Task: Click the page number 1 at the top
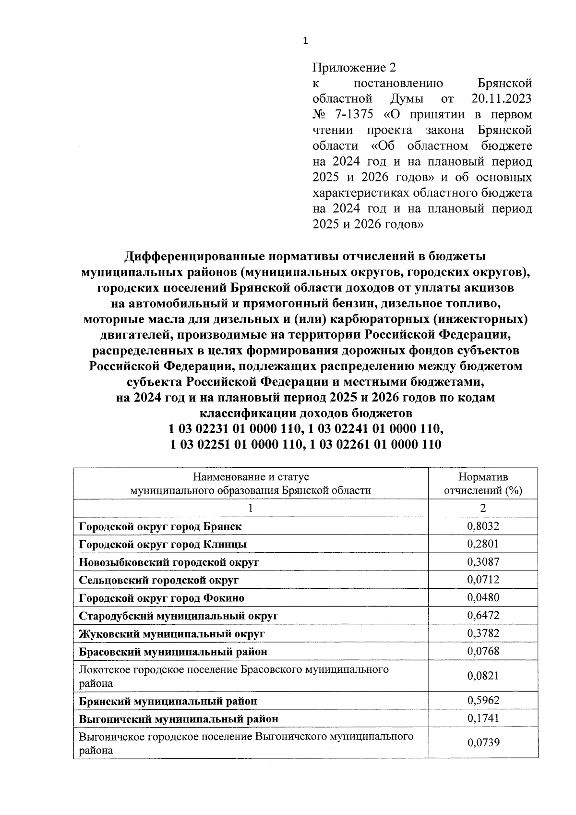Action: [306, 41]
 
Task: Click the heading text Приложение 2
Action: [355, 67]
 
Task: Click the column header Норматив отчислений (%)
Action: [483, 484]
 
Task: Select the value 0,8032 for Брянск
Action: [483, 526]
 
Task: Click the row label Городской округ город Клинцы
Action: [163, 544]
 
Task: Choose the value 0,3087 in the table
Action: [483, 562]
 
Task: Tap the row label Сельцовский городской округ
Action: [159, 580]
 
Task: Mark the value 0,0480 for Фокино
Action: [483, 598]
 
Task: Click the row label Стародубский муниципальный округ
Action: [179, 616]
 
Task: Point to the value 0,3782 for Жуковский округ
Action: [483, 633]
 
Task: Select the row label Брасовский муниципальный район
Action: [173, 652]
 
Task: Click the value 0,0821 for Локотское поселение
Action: [483, 676]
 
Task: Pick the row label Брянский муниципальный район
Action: [168, 701]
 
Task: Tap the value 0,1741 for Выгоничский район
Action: [483, 718]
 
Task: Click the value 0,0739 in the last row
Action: [483, 743]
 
